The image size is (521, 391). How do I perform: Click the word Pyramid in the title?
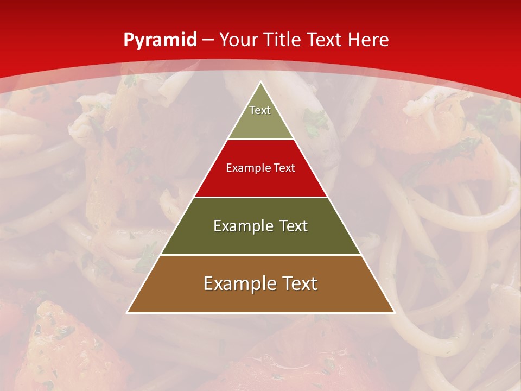click(160, 40)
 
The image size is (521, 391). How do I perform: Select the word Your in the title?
click(238, 40)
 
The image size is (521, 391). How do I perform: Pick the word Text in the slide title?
click(325, 40)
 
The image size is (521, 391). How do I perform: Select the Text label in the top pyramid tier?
click(260, 110)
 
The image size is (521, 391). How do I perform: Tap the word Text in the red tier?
click(284, 168)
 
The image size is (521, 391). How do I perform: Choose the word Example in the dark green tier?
click(241, 226)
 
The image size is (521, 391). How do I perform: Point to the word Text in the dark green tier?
click(294, 226)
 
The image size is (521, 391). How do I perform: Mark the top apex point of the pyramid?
click(260, 82)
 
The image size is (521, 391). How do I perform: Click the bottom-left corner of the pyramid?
click(127, 312)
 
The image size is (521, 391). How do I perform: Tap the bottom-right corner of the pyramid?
click(394, 312)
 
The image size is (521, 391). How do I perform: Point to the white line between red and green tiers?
click(260, 197)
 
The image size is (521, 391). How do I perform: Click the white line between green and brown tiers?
click(260, 255)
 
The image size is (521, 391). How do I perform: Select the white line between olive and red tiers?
click(260, 140)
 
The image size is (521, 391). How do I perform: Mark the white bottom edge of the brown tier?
click(260, 313)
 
